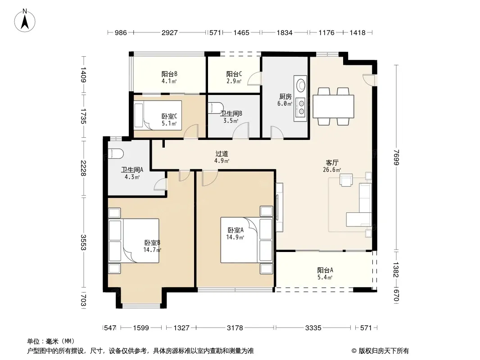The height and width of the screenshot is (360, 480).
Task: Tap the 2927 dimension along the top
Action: tap(170, 33)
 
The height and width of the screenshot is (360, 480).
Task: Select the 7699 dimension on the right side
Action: tap(397, 157)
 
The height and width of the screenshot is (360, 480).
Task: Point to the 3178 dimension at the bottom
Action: tap(235, 328)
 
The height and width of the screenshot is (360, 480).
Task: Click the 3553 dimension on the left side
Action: tap(83, 242)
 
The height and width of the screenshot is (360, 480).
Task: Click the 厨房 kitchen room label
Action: tap(285, 97)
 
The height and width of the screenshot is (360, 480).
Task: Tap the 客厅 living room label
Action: tap(332, 163)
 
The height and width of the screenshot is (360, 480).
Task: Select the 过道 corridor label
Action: tap(222, 154)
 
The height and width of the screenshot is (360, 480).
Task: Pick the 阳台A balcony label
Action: tap(325, 270)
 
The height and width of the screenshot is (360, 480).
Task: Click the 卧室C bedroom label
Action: tap(169, 117)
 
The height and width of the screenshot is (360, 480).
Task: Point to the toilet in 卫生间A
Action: tap(116, 154)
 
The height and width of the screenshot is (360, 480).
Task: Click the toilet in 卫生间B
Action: tap(214, 108)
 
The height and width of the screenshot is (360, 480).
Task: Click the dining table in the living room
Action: tap(333, 106)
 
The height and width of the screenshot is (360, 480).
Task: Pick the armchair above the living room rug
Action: tap(346, 180)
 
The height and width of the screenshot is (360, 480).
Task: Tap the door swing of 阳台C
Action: tap(254, 78)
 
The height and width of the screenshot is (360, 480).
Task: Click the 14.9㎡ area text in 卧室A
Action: tap(235, 237)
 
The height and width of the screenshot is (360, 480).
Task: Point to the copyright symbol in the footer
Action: tap(354, 351)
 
